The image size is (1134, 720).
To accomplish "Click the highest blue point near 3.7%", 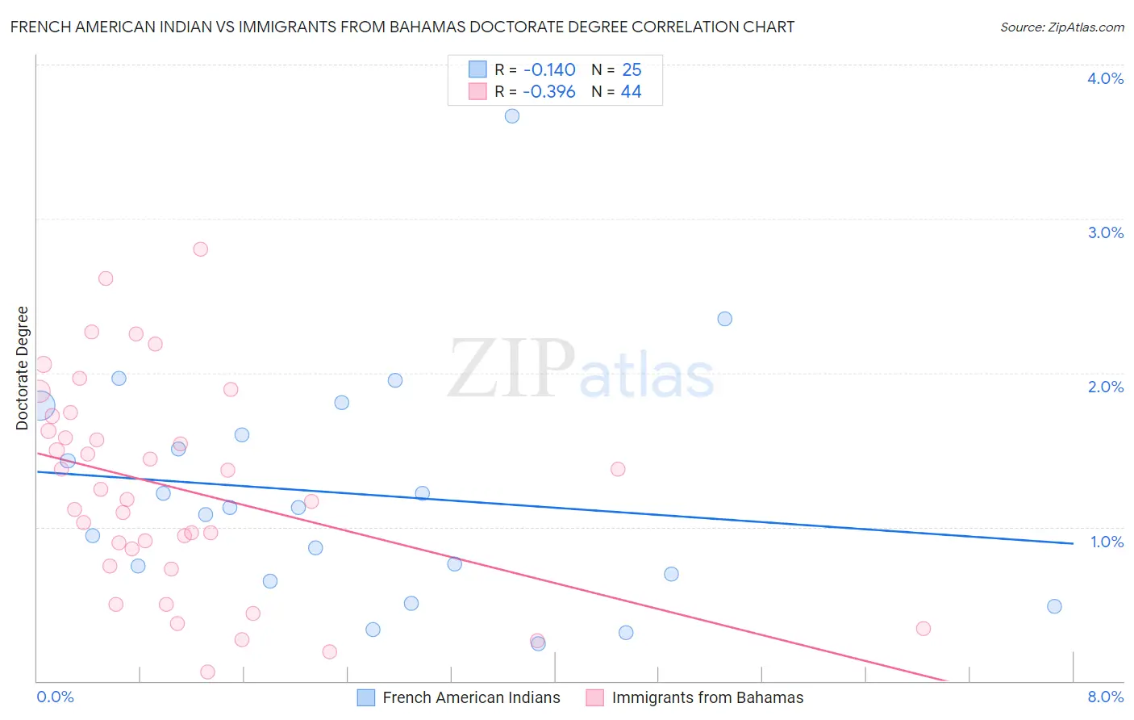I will click(x=512, y=116).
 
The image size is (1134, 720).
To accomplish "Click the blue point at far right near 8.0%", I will click(x=1054, y=606).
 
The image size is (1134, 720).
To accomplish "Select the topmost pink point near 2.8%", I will click(x=201, y=249).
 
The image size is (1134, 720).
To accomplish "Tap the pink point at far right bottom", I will click(x=923, y=629).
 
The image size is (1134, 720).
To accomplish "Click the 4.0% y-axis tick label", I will click(x=1105, y=78).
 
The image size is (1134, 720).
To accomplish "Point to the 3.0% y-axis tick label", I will click(x=1105, y=232).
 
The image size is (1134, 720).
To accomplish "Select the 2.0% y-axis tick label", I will click(x=1105, y=387).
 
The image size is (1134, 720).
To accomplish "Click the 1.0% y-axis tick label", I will click(x=1107, y=542).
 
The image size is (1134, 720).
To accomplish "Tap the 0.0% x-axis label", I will click(x=55, y=697).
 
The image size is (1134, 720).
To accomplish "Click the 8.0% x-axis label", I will click(x=1105, y=697).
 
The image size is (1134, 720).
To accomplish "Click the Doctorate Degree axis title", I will click(x=23, y=368).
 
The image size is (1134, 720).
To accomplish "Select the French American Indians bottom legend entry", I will click(x=471, y=697).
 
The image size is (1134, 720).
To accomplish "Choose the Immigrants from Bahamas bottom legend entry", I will click(x=707, y=697).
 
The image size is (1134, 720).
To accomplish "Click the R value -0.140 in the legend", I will click(x=549, y=70).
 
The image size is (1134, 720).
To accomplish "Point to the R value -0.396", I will click(x=549, y=92).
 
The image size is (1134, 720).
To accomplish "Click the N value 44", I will click(x=631, y=92).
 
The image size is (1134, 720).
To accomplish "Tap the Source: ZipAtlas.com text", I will click(x=1061, y=27).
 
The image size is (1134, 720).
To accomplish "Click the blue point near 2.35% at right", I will click(x=725, y=319).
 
